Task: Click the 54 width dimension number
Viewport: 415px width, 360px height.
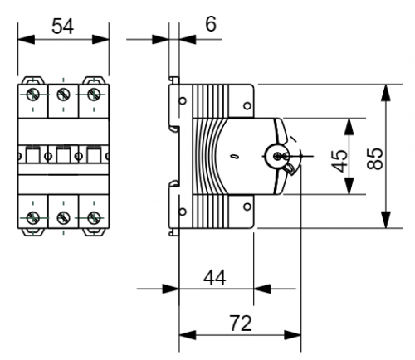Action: pos(63,27)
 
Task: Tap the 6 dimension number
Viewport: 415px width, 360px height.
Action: pos(211,24)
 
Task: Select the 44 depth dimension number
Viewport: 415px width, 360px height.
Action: pos(215,278)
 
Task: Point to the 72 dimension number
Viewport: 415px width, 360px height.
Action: pos(241,324)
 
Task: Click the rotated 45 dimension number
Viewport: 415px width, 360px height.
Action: pos(339,161)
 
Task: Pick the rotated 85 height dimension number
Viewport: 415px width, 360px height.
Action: pos(375,158)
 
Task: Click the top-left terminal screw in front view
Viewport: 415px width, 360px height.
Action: pos(33,95)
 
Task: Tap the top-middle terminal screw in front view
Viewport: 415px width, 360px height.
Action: pos(63,95)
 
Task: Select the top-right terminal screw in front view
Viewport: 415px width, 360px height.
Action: pos(94,95)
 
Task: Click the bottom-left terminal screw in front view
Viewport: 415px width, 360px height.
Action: pos(33,218)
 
